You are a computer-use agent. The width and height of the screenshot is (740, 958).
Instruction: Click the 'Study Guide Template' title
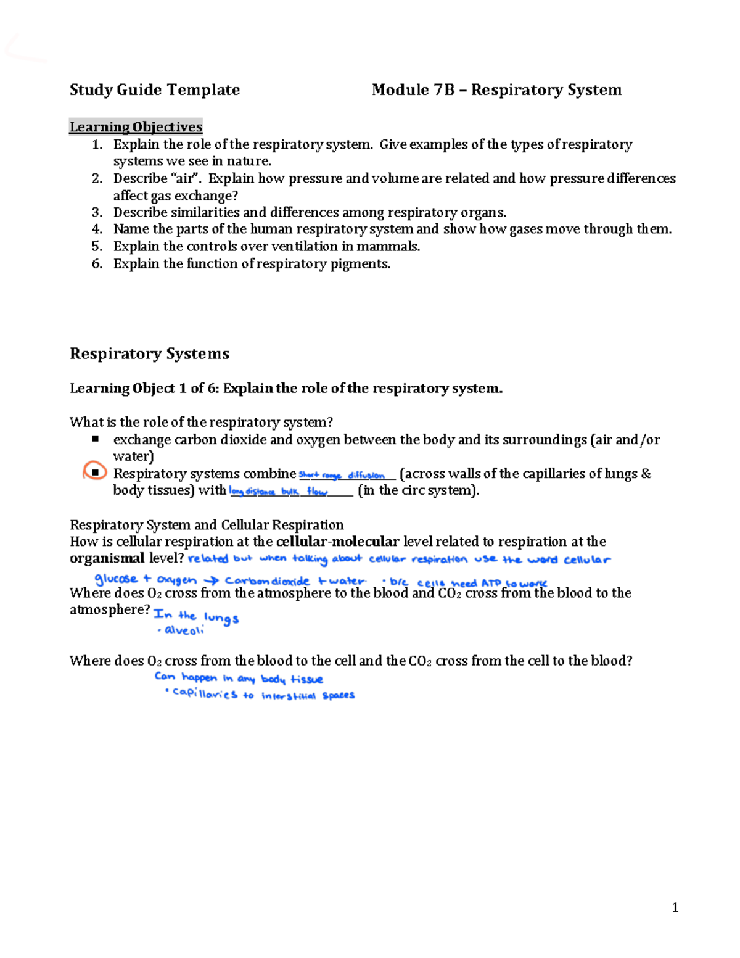click(x=155, y=90)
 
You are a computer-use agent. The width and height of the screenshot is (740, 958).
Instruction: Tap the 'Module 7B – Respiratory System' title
click(x=496, y=90)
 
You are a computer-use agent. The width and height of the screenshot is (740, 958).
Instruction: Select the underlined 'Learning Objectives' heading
click(x=136, y=127)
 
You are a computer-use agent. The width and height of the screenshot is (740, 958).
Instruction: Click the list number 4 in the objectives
click(x=97, y=229)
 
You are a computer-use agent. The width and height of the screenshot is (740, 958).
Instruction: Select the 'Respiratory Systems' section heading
click(x=149, y=353)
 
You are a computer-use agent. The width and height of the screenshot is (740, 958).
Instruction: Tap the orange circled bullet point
click(x=94, y=473)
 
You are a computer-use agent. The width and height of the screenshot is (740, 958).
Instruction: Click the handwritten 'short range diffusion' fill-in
click(x=342, y=476)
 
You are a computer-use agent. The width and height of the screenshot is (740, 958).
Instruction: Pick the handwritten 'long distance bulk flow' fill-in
click(x=278, y=492)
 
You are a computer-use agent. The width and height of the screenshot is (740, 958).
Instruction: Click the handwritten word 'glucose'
click(x=116, y=579)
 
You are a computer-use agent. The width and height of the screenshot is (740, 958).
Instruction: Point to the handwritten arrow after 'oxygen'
click(x=211, y=580)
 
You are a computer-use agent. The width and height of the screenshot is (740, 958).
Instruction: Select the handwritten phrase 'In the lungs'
click(x=196, y=616)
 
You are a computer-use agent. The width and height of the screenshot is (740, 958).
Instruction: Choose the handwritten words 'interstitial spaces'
click(x=308, y=695)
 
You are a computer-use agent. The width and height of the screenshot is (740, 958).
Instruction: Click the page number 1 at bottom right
click(x=675, y=907)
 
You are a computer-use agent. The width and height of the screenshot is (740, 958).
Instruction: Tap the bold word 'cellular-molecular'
click(x=338, y=542)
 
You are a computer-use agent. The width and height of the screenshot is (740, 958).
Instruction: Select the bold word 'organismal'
click(x=107, y=558)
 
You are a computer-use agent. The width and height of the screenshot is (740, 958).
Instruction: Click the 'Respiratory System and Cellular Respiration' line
click(x=207, y=525)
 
